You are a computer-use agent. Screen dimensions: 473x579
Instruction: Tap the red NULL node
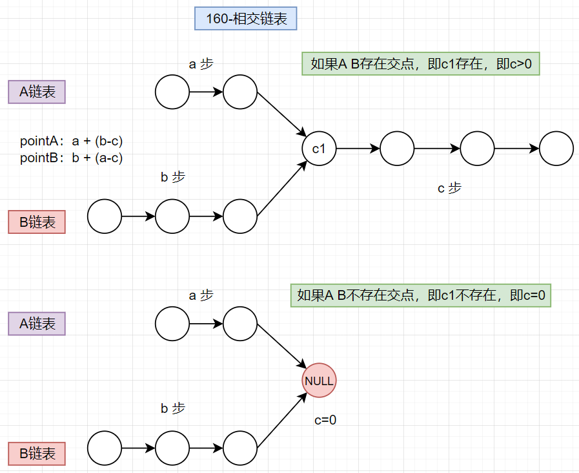319,381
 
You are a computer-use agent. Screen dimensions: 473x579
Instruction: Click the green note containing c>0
420,64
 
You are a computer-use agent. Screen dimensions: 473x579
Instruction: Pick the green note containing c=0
420,295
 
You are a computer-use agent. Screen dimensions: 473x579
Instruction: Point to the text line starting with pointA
72,141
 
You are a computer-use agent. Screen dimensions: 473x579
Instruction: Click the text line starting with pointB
72,157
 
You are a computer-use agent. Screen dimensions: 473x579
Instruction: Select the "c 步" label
450,188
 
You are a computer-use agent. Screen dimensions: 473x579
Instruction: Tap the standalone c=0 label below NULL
325,420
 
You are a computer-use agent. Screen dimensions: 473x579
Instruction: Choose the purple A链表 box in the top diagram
37,92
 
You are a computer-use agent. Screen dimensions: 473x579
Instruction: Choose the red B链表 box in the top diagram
37,222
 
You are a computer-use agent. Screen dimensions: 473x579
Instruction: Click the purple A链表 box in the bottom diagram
37,323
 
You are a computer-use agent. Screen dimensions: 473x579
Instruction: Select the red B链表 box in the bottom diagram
37,453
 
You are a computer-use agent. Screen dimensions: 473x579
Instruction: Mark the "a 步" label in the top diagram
201,64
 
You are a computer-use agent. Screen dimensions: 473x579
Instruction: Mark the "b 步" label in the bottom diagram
173,408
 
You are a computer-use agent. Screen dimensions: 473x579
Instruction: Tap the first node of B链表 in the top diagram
105,216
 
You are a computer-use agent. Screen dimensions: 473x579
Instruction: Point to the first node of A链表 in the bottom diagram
172,323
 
